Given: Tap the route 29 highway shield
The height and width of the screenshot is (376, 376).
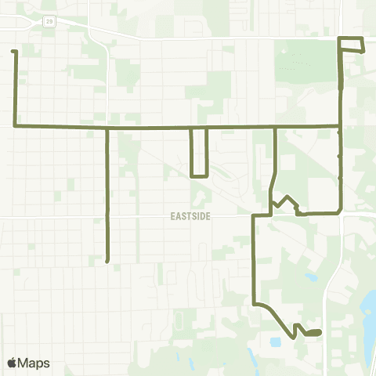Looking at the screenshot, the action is (x=50, y=21).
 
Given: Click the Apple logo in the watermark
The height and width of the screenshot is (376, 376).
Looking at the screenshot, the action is (x=12, y=363).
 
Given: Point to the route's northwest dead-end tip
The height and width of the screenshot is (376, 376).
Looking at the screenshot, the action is (x=13, y=52).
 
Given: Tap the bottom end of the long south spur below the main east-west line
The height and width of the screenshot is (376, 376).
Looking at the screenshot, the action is (x=107, y=261).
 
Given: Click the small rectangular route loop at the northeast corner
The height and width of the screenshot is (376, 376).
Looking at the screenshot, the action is (x=351, y=44).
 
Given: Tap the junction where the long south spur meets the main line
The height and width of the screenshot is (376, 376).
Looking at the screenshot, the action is (x=107, y=127).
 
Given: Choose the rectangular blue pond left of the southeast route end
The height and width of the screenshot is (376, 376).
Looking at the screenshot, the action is (x=276, y=342).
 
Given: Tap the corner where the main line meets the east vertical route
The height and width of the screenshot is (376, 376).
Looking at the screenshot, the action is (x=340, y=125).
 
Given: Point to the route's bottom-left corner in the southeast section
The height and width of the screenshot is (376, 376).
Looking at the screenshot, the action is (x=254, y=304).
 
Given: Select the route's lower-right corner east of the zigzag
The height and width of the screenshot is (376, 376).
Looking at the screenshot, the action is (x=340, y=211).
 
